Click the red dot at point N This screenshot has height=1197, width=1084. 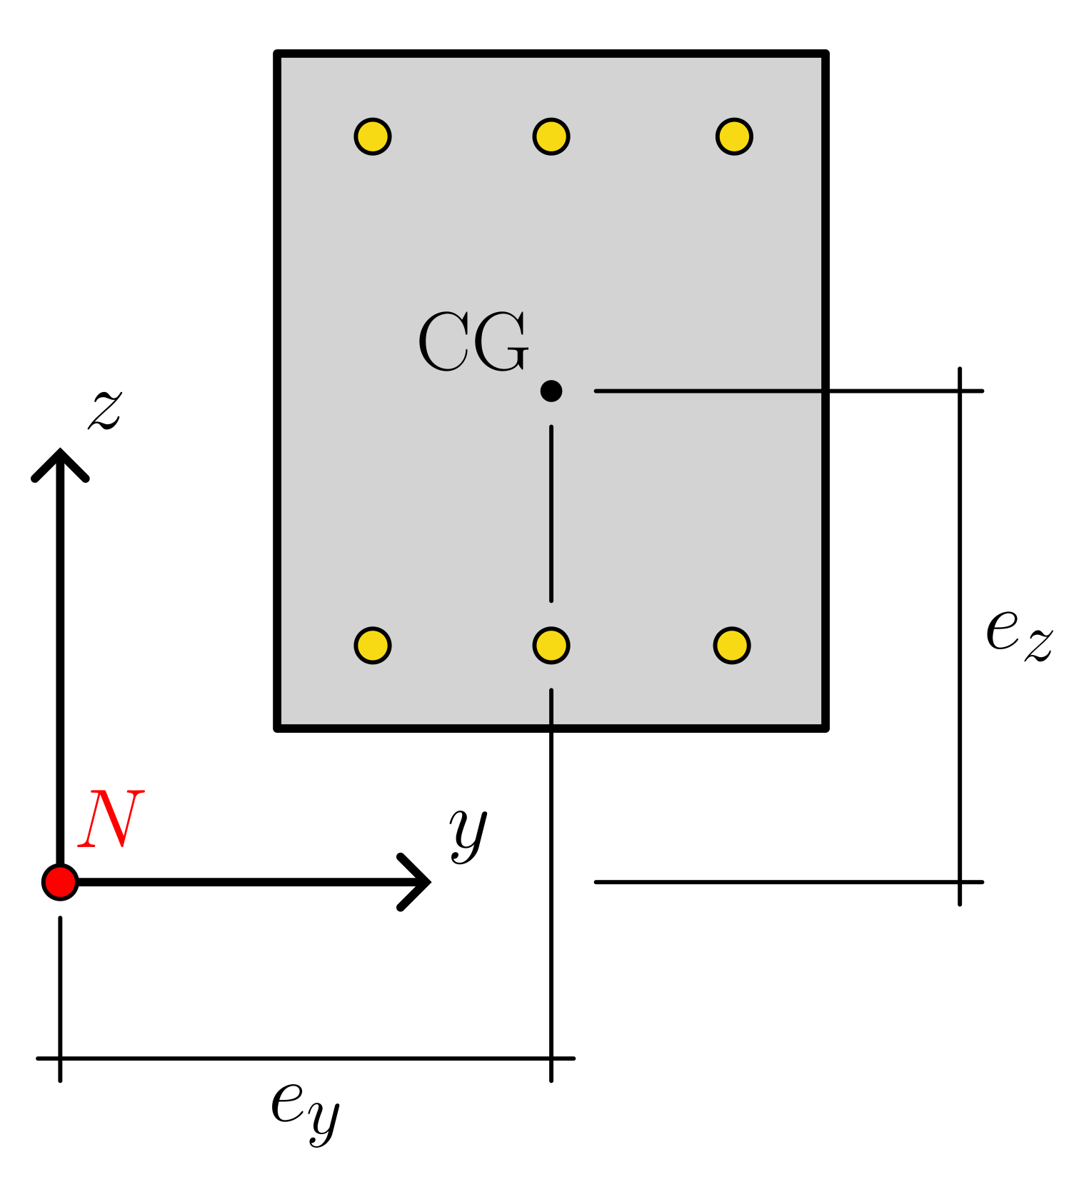pyautogui.click(x=60, y=882)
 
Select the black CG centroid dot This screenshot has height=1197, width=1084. pyautogui.click(x=551, y=391)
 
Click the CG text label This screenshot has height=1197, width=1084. pyautogui.click(x=473, y=342)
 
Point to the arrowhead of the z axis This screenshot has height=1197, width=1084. pyautogui.click(x=60, y=457)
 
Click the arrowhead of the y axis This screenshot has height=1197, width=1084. pyautogui.click(x=421, y=882)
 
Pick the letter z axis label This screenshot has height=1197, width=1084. pyautogui.click(x=106, y=410)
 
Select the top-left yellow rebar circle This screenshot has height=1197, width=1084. pyautogui.click(x=373, y=136)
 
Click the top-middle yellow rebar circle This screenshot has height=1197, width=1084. pyautogui.click(x=551, y=136)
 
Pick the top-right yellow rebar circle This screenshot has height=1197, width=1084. pyautogui.click(x=734, y=136)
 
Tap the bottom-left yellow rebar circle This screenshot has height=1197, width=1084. pyautogui.click(x=373, y=646)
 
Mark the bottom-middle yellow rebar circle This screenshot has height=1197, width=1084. pyautogui.click(x=551, y=646)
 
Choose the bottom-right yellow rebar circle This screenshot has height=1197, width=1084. pyautogui.click(x=732, y=646)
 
